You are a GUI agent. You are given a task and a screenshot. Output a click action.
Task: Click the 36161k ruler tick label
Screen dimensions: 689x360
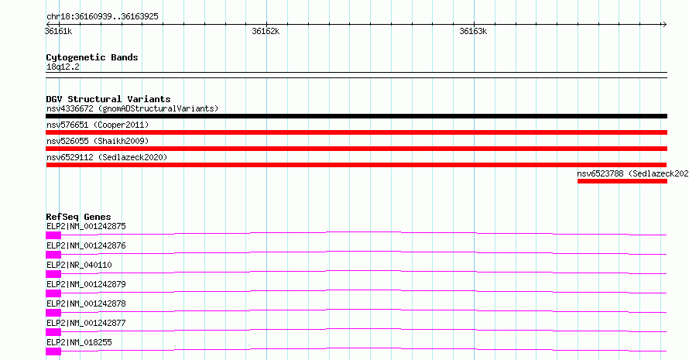pyautogui.click(x=58, y=31)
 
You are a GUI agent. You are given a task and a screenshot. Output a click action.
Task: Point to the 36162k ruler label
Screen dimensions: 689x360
pyautogui.click(x=266, y=31)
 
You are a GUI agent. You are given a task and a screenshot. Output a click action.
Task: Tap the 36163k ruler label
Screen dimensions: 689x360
pyautogui.click(x=473, y=31)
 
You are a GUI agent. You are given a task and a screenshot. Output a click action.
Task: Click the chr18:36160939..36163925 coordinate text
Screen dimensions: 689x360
pyautogui.click(x=102, y=17)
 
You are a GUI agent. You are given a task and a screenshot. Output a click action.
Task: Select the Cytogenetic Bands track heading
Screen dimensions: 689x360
pyautogui.click(x=92, y=57)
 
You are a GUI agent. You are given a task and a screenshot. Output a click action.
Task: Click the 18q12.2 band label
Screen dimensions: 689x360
pyautogui.click(x=63, y=67)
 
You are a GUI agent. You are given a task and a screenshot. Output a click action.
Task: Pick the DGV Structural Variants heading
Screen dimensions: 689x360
pyautogui.click(x=108, y=99)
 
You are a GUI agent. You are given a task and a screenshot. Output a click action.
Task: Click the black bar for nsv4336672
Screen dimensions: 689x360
pyautogui.click(x=356, y=116)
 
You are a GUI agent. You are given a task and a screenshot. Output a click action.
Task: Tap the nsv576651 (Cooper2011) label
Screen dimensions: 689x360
pyautogui.click(x=98, y=125)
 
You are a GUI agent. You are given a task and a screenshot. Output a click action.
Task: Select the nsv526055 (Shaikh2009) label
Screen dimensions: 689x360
pyautogui.click(x=98, y=141)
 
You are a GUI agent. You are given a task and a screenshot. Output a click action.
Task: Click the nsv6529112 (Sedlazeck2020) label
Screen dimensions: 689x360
pyautogui.click(x=107, y=157)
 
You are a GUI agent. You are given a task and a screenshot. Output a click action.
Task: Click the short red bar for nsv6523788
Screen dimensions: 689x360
pyautogui.click(x=622, y=181)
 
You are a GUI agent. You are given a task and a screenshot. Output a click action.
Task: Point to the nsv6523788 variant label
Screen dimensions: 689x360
pyautogui.click(x=632, y=173)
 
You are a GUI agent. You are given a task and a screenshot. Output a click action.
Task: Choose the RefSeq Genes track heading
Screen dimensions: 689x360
pyautogui.click(x=78, y=217)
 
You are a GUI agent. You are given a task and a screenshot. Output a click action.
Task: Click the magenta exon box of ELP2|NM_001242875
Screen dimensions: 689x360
pyautogui.click(x=53, y=235)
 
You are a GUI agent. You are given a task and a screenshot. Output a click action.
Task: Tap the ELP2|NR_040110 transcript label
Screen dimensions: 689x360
pyautogui.click(x=79, y=265)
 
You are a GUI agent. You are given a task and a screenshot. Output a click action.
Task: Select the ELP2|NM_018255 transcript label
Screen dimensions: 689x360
pyautogui.click(x=79, y=342)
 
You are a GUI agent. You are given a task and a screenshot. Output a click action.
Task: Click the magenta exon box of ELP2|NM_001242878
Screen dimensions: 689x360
pyautogui.click(x=53, y=313)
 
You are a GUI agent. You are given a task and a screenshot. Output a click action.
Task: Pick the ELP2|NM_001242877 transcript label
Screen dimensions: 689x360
pyautogui.click(x=86, y=323)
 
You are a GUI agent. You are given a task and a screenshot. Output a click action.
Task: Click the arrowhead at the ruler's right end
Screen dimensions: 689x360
pyautogui.click(x=665, y=25)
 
